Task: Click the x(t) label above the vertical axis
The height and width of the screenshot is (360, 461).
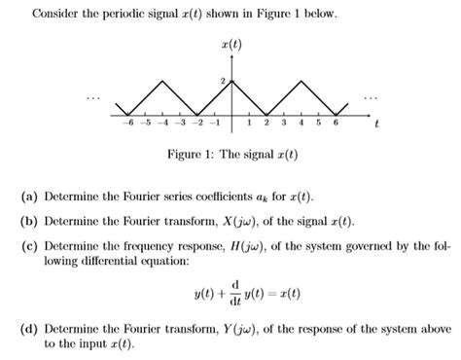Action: [230, 45]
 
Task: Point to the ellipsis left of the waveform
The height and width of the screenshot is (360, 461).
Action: [93, 97]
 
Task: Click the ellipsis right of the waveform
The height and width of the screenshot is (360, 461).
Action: [372, 97]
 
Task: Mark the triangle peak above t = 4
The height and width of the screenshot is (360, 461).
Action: [301, 79]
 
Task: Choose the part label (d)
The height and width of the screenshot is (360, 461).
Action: [29, 328]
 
